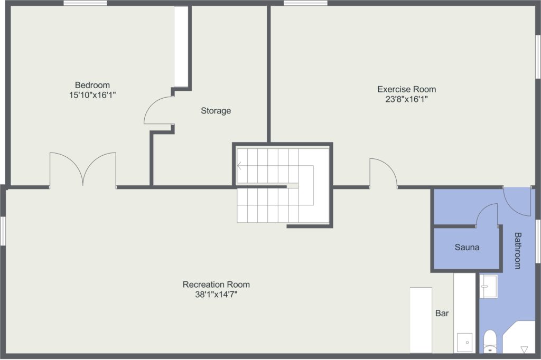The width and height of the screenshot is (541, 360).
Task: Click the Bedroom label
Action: (x=92, y=85)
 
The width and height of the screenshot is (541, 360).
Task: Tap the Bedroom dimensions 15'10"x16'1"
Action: (x=92, y=95)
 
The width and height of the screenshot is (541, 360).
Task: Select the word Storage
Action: (x=216, y=111)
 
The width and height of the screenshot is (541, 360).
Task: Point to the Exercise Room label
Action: (x=406, y=89)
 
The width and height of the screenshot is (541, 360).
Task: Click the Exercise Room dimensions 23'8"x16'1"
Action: (x=406, y=99)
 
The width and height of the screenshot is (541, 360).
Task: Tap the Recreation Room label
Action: (x=216, y=285)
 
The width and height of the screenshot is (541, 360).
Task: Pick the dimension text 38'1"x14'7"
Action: (x=216, y=295)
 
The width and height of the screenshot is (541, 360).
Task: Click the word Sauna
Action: (x=467, y=247)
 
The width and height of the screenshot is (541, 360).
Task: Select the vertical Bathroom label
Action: (x=518, y=251)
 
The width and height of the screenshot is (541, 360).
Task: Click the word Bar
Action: (x=442, y=313)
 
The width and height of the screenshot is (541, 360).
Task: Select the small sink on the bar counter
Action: (x=465, y=343)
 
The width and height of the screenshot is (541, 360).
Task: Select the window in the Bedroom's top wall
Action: (x=85, y=3)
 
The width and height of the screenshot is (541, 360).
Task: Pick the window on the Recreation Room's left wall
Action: (x=3, y=231)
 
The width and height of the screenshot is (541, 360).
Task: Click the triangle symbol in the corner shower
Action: (x=524, y=349)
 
